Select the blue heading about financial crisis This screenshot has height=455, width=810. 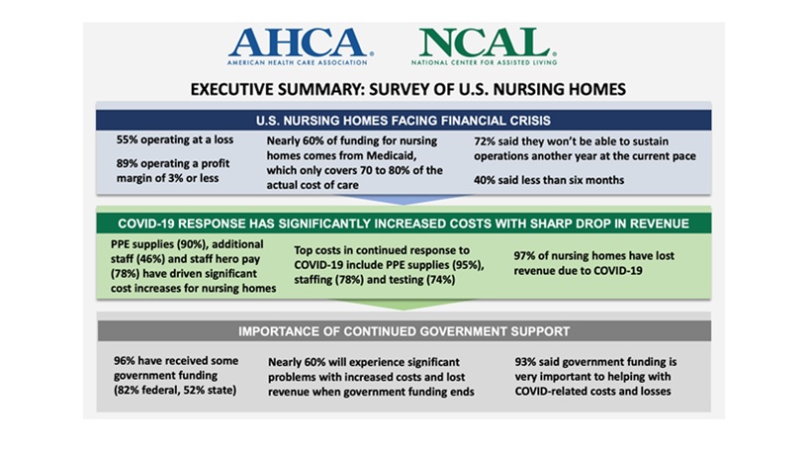[x=405, y=120]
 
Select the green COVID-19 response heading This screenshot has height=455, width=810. [x=405, y=223]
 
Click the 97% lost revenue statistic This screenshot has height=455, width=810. [x=526, y=256]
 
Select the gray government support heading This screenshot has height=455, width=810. [x=405, y=330]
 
